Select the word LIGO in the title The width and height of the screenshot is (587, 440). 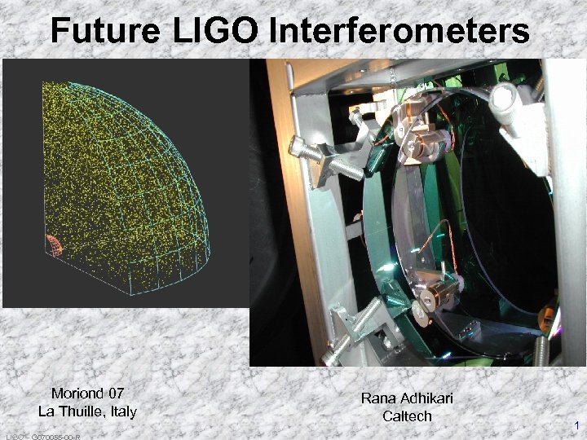(217, 31)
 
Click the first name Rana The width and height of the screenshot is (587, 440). (377, 398)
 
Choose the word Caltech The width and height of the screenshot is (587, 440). (407, 416)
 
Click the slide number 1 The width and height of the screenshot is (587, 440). (576, 425)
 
